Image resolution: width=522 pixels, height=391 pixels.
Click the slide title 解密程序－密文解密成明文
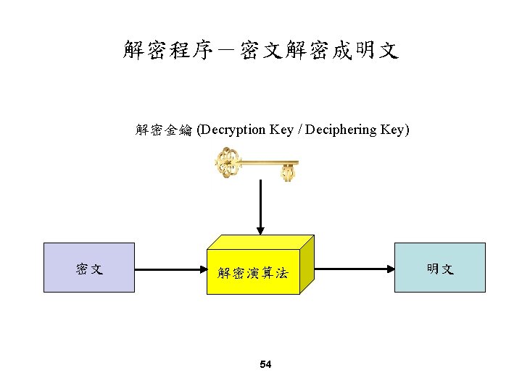(260, 51)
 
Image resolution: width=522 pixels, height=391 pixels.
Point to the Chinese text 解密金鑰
(163, 130)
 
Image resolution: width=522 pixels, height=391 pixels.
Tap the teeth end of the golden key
(289, 172)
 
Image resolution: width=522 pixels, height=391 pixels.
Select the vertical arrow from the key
(260, 206)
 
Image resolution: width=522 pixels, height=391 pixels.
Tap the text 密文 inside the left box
(89, 269)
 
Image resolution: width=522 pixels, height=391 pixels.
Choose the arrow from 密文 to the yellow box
(170, 269)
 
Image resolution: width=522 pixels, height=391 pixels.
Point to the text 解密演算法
(253, 273)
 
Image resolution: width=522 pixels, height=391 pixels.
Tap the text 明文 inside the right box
(440, 269)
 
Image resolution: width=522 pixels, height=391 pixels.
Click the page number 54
(265, 364)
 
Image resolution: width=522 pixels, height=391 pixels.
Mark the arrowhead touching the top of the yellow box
(260, 230)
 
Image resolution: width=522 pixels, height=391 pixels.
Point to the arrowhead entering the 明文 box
(389, 269)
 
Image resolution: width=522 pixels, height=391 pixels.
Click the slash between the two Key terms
(299, 130)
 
